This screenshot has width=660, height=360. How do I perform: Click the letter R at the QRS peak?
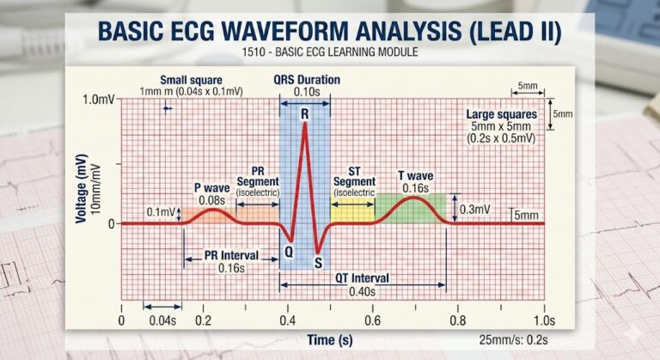point(304,113)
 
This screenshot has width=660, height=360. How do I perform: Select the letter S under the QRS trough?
point(318,263)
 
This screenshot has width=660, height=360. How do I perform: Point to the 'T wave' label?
point(414,176)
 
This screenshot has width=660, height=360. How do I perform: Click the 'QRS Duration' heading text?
point(307,80)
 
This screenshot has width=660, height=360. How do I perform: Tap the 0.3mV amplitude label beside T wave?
point(475,209)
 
